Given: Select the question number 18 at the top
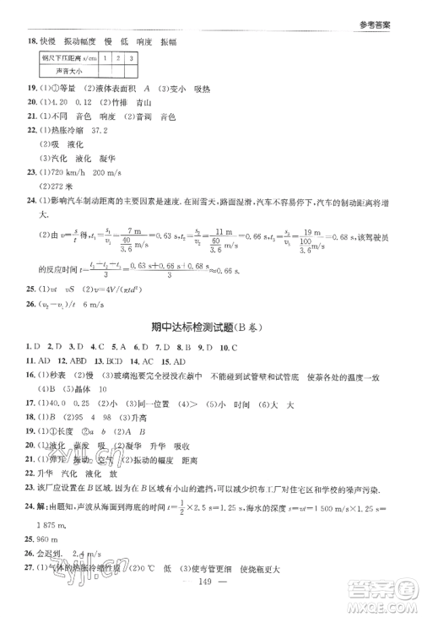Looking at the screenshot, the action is (x=31, y=40).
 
